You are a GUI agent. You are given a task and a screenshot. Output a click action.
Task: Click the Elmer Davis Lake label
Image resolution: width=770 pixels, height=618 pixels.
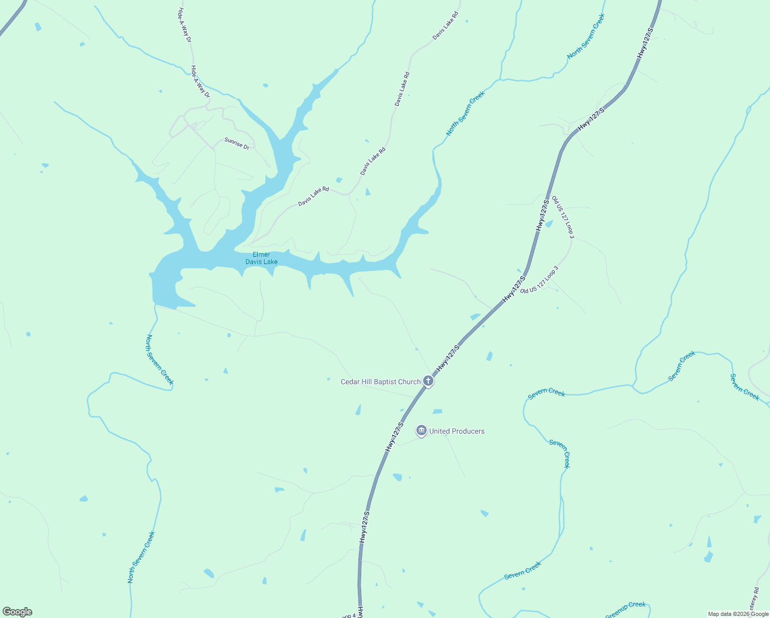261,258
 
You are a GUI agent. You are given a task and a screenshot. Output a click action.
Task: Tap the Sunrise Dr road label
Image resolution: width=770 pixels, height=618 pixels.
237,143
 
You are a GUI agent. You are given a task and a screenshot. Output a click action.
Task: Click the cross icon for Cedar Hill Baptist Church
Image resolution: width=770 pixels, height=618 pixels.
428,381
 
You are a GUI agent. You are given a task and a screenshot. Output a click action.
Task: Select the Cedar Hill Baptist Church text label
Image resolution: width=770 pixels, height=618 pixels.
381,382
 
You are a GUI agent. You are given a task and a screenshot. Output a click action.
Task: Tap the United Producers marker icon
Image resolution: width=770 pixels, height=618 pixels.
422,431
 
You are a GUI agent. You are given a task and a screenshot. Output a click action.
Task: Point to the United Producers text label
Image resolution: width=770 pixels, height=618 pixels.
457,431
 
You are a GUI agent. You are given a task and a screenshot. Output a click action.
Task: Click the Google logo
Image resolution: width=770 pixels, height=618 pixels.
17,612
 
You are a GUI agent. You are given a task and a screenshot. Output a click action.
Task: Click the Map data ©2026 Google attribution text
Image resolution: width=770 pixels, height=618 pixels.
738,614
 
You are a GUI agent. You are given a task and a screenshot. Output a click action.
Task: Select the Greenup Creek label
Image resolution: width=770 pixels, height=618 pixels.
625,610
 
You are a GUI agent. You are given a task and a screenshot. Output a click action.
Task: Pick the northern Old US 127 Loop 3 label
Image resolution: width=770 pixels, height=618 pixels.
563,217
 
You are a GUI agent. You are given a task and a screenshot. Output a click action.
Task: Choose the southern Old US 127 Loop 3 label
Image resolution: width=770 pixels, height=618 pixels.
539,280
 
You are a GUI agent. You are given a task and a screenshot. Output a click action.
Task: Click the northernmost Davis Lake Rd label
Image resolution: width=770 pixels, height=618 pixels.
445,26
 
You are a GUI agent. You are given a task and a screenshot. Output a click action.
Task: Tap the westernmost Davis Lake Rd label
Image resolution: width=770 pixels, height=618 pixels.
313,197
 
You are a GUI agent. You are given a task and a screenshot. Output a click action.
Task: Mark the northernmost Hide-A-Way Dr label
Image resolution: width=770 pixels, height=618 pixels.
184,25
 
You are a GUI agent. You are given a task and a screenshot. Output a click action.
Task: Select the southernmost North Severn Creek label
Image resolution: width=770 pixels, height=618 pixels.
141,557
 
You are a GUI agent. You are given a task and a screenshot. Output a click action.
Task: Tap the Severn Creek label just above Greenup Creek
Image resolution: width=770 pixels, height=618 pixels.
522,570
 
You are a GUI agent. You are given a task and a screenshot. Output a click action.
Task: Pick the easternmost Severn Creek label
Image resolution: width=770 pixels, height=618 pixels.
744,387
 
